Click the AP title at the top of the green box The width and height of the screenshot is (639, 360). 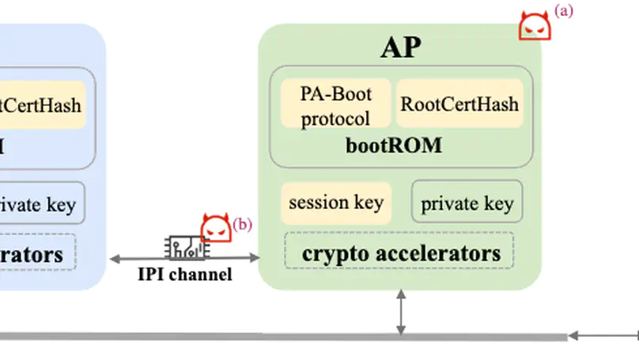pyautogui.click(x=400, y=48)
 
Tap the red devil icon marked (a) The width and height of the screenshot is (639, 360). pyautogui.click(x=534, y=26)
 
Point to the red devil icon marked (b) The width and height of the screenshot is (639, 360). pyautogui.click(x=215, y=228)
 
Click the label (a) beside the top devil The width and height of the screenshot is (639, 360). pyautogui.click(x=564, y=10)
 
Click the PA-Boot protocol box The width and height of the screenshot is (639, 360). pyautogui.click(x=335, y=104)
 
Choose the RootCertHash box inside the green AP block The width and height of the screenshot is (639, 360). pyautogui.click(x=459, y=104)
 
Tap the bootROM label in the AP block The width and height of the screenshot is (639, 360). pyautogui.click(x=393, y=146)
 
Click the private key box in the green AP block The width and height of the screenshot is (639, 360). pyautogui.click(x=467, y=203)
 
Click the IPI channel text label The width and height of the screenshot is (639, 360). pyautogui.click(x=184, y=275)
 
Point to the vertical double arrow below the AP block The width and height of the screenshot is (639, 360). pyautogui.click(x=402, y=312)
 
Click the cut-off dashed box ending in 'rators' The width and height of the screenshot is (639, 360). pyautogui.click(x=36, y=255)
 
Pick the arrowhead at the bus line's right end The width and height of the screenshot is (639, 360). pyautogui.click(x=573, y=337)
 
